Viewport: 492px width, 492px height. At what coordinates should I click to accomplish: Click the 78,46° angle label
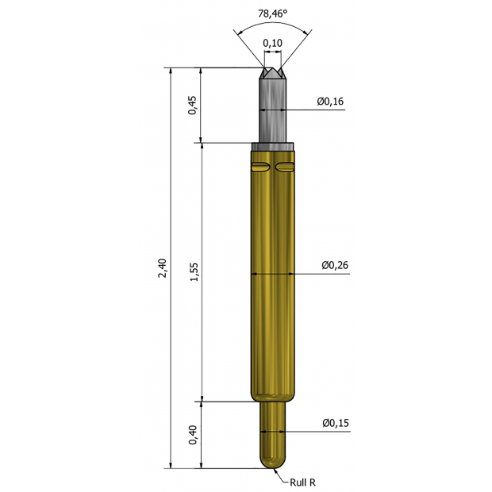(x=272, y=13)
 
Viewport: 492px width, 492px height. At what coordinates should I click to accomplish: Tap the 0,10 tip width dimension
(x=272, y=43)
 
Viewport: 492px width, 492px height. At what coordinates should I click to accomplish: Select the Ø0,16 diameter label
(x=330, y=101)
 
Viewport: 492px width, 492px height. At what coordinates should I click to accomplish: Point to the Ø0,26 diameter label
(x=335, y=265)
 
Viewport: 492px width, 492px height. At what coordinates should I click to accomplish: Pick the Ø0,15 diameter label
(x=336, y=423)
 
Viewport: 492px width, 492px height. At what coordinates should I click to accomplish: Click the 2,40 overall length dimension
(x=162, y=268)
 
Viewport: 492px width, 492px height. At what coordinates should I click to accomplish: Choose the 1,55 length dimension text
(x=194, y=271)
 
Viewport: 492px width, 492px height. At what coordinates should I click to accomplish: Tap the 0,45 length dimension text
(x=193, y=105)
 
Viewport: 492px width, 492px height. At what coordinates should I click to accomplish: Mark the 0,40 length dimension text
(x=193, y=435)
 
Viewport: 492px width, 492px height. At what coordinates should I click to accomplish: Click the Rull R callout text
(x=302, y=482)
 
